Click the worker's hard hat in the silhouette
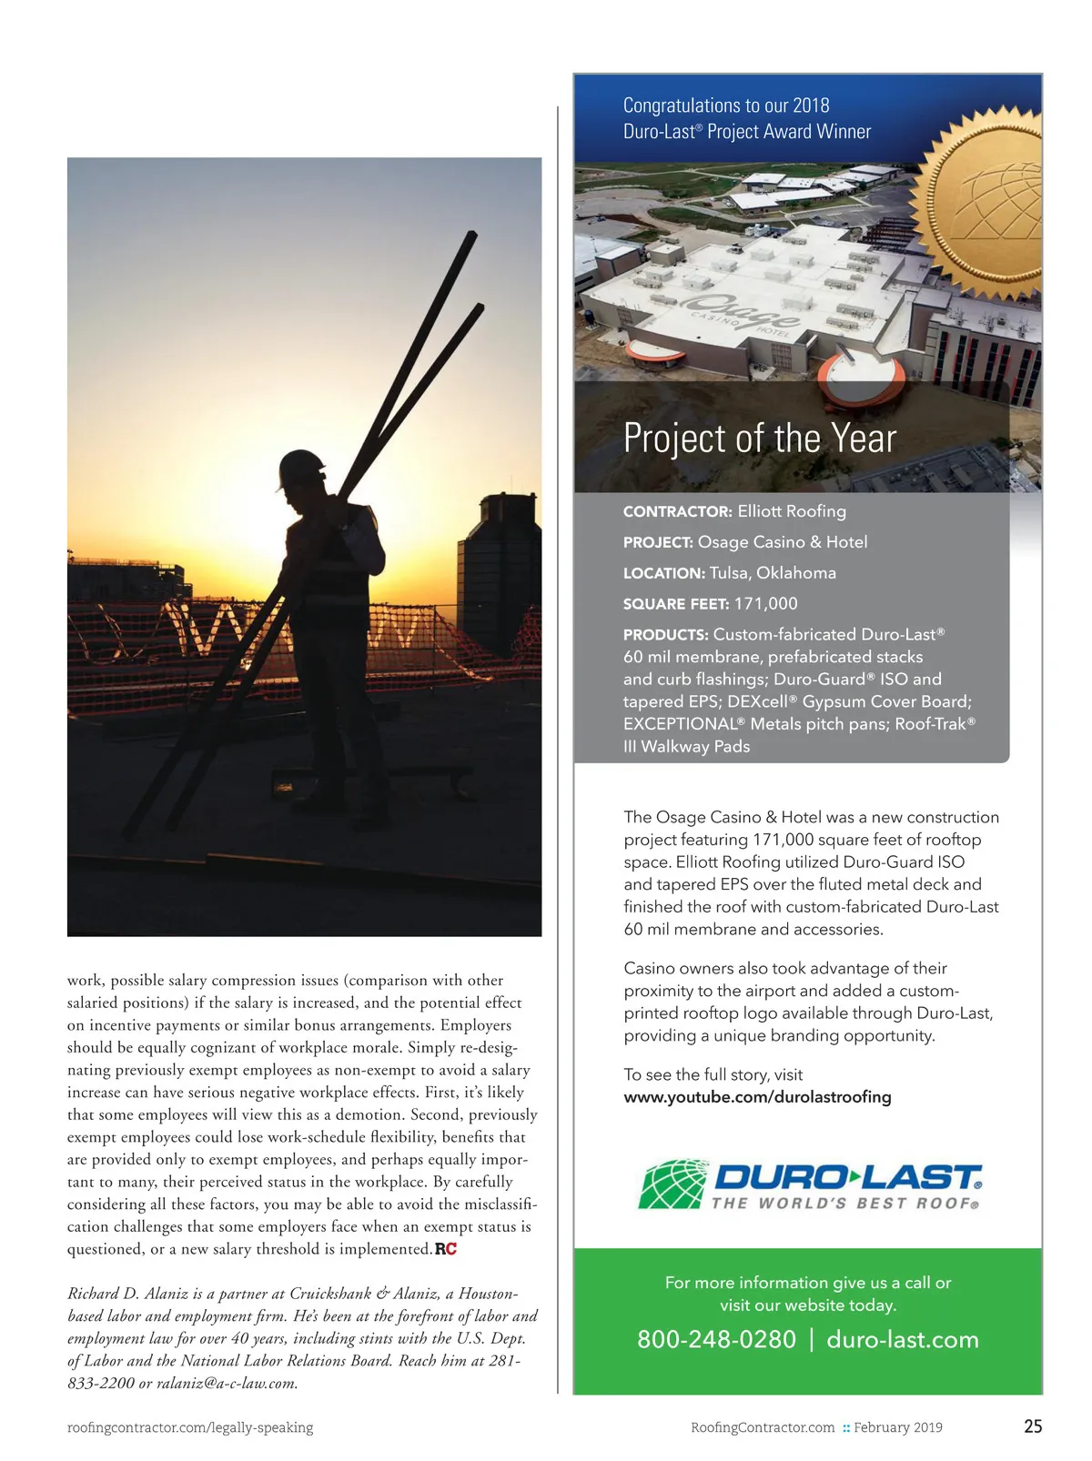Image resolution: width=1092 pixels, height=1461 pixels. click(303, 468)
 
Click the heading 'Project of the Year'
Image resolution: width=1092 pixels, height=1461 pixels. click(759, 438)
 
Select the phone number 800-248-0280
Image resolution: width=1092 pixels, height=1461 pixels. click(716, 1339)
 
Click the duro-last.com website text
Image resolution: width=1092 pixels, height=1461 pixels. click(902, 1339)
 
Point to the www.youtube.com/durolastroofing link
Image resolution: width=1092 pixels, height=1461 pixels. click(757, 1097)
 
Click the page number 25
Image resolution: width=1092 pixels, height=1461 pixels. click(1033, 1426)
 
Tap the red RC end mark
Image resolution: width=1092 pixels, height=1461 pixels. click(446, 1249)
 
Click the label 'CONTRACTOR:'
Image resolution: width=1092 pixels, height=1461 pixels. click(677, 512)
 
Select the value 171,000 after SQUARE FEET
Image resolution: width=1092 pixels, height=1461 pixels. click(765, 604)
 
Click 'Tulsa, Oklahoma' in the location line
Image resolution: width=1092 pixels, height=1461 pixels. click(773, 573)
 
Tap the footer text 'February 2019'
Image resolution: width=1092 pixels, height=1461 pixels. click(897, 1427)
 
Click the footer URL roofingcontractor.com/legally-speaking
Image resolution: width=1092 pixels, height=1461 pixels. click(190, 1427)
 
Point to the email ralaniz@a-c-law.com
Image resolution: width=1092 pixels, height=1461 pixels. click(227, 1384)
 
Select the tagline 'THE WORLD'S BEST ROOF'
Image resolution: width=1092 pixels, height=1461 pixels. click(844, 1204)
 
